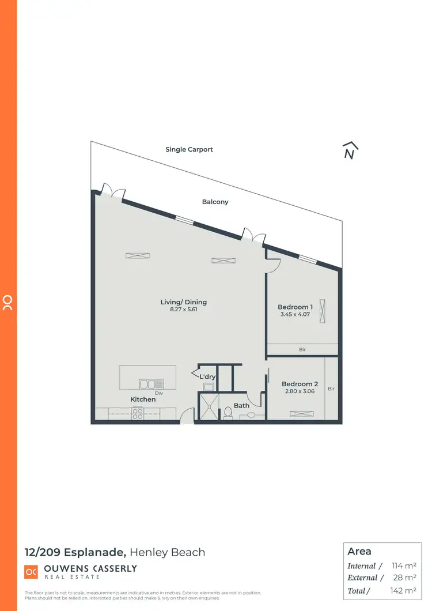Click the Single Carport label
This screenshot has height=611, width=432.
coord(189,149)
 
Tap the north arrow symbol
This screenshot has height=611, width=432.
coord(348,150)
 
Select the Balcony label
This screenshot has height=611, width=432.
coord(215,202)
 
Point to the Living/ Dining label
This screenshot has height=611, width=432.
coord(183,302)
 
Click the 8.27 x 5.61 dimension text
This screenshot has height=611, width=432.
coord(183,310)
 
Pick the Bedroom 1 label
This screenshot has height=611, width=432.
coord(295,307)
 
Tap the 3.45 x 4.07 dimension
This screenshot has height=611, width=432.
coord(295,315)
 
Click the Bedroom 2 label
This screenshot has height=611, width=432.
coord(300,384)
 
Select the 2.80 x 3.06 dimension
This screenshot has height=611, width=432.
coord(300,391)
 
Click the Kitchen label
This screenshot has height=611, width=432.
coord(143,399)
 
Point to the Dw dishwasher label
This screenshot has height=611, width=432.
coord(159,393)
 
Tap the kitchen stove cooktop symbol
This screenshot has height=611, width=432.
coord(138,413)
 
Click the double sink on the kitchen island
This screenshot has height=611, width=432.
coord(151,383)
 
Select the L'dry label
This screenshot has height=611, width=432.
coord(207,377)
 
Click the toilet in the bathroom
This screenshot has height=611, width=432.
coord(228,412)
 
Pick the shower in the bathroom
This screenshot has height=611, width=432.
coord(209,408)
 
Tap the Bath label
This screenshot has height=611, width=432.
coord(242,405)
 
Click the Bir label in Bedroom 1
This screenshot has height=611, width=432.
coord(302,349)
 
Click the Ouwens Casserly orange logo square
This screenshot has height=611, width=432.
coord(31,572)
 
